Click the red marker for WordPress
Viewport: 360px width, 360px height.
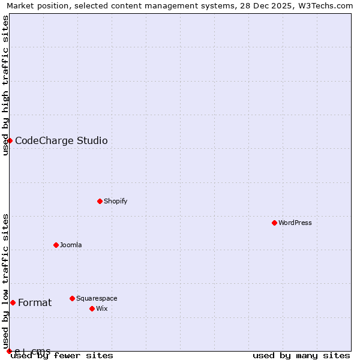click(x=274, y=223)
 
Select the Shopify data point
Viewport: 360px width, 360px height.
click(x=100, y=201)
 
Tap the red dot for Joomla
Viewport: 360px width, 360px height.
click(x=56, y=245)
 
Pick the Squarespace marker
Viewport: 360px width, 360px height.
click(x=72, y=298)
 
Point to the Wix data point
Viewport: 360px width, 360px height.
click(x=92, y=308)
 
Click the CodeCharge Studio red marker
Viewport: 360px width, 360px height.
click(x=10, y=140)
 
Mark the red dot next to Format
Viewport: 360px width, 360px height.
click(x=13, y=302)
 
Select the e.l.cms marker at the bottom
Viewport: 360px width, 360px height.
click(x=9, y=351)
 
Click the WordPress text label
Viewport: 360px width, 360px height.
click(x=295, y=223)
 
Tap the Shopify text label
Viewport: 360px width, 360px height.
click(x=115, y=201)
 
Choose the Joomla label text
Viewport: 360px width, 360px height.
click(x=70, y=245)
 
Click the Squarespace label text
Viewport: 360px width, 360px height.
click(x=96, y=298)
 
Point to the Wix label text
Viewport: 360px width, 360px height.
click(x=101, y=308)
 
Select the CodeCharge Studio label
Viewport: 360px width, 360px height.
click(x=61, y=141)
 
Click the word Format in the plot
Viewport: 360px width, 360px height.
click(x=35, y=303)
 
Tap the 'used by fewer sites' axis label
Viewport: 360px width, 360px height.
click(x=62, y=355)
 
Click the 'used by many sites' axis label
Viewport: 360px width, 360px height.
click(x=301, y=355)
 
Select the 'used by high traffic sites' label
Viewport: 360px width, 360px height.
click(x=5, y=85)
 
